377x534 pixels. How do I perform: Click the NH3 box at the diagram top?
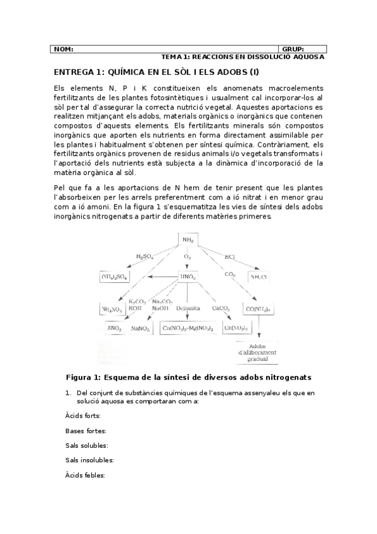(188, 240)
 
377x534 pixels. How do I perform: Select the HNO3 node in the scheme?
(187, 276)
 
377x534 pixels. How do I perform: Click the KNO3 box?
(114, 328)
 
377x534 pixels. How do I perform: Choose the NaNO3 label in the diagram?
(140, 328)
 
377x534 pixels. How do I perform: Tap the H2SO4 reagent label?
(144, 256)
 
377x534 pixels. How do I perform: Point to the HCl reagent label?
(230, 256)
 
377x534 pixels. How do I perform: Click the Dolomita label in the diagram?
(188, 308)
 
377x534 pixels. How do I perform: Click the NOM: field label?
(64, 49)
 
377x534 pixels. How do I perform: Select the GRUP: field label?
(293, 49)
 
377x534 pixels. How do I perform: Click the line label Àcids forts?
(82, 416)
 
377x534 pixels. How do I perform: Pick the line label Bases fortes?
(86, 431)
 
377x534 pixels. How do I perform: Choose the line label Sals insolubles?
(89, 460)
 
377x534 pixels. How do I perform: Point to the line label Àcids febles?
(84, 475)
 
